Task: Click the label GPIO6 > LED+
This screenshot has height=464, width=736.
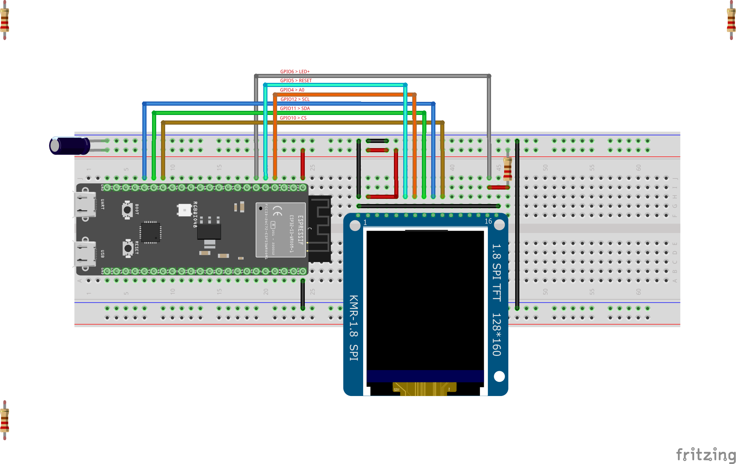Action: point(295,71)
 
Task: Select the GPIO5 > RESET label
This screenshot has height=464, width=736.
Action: point(296,80)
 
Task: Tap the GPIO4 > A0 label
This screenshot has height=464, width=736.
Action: point(292,90)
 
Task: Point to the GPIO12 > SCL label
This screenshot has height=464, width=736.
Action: point(295,99)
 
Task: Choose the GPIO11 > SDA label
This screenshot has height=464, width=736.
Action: point(295,108)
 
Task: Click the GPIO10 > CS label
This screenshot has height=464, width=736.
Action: point(293,118)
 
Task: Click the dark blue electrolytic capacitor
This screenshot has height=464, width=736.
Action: point(70,146)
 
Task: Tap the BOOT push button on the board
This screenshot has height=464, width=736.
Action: point(128,210)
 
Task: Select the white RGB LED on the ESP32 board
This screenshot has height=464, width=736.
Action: point(184,210)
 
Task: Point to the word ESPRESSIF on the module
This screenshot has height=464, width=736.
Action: point(301,230)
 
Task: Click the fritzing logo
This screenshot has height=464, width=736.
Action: point(705,454)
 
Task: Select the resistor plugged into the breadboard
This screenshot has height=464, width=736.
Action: point(507,168)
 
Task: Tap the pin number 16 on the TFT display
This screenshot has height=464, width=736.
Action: point(488,221)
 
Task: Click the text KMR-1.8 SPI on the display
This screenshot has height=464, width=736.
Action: point(353,328)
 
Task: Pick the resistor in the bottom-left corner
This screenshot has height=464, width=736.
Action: point(4,420)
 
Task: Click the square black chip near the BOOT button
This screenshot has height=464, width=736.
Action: point(151,232)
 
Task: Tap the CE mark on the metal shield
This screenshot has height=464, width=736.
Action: point(277,210)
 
